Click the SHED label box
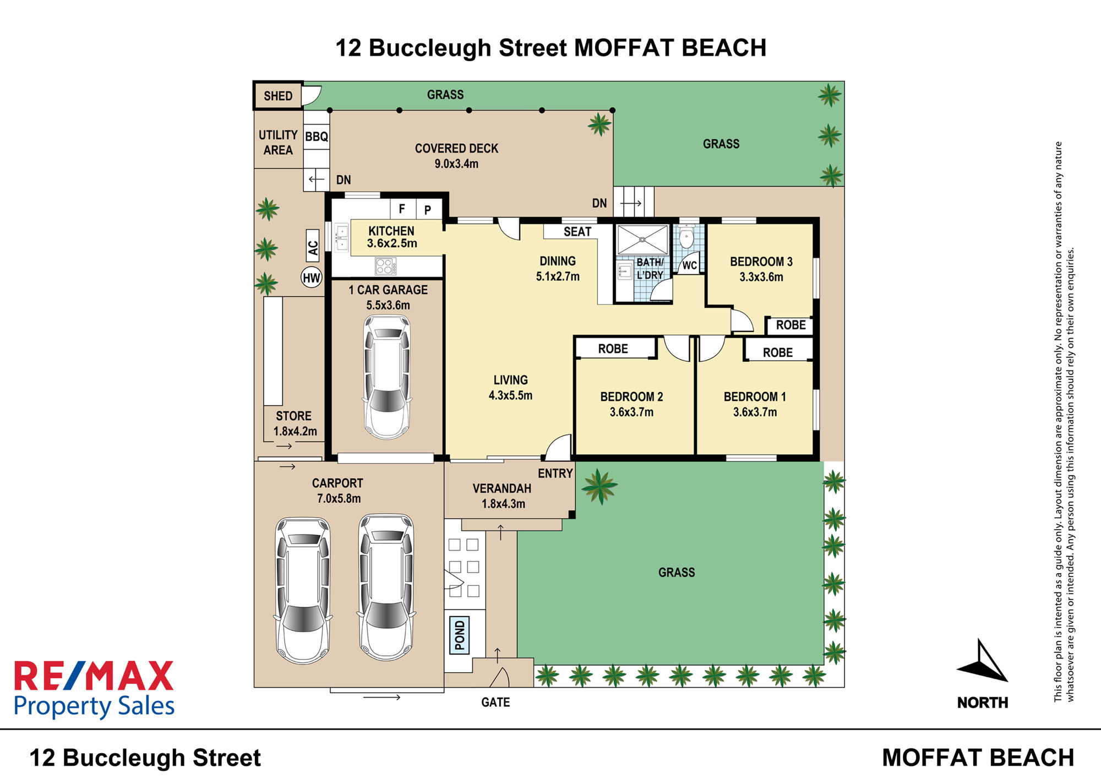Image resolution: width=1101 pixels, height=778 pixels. [278, 96]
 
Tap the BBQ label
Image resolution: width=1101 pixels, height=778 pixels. [317, 137]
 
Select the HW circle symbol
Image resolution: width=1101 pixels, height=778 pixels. [312, 278]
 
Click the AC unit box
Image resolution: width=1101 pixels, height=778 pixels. [313, 246]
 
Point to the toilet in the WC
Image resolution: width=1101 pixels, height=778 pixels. [686, 237]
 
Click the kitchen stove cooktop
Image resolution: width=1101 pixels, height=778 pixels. [385, 266]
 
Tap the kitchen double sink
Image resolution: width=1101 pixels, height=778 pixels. [342, 237]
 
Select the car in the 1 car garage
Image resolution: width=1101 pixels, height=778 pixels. [387, 377]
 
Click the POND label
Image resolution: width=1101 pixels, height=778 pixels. [460, 634]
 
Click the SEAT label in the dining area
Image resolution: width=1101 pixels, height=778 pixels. [577, 232]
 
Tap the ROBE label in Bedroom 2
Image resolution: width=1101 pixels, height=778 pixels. [613, 349]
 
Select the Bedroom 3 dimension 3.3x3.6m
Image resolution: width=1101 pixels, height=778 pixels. [761, 277]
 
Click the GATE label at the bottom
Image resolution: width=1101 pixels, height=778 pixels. [495, 702]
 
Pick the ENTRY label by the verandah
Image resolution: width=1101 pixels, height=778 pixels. [555, 474]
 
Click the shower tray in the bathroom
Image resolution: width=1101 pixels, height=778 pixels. [642, 240]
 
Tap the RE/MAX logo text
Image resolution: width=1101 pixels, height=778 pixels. [94, 676]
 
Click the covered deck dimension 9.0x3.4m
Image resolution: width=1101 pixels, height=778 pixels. [456, 164]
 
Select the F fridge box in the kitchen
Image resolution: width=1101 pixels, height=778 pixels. [402, 209]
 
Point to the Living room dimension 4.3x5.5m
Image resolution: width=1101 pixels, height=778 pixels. [510, 395]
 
